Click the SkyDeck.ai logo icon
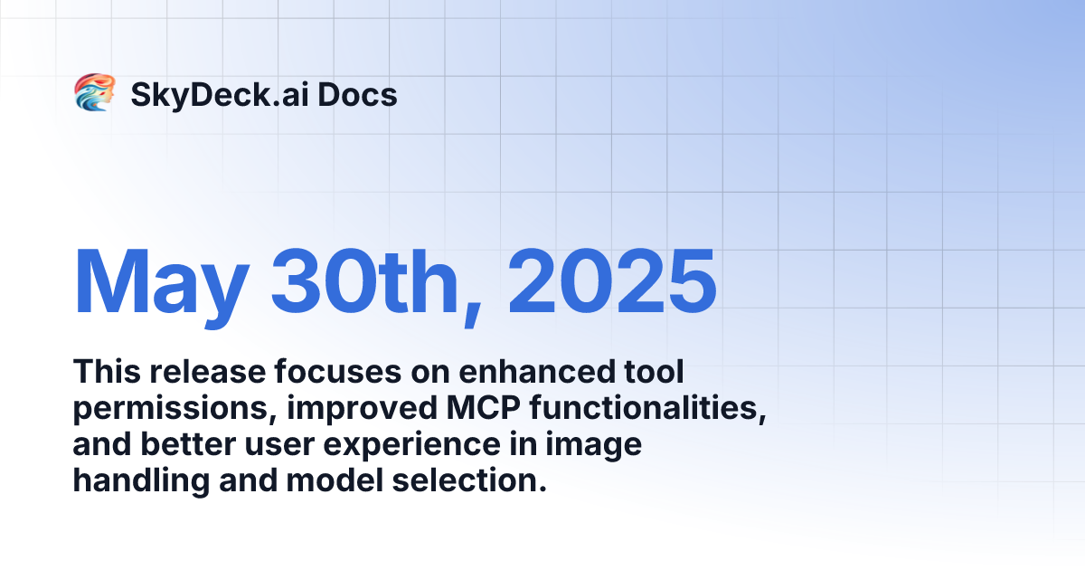click(94, 93)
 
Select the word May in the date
click(159, 280)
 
